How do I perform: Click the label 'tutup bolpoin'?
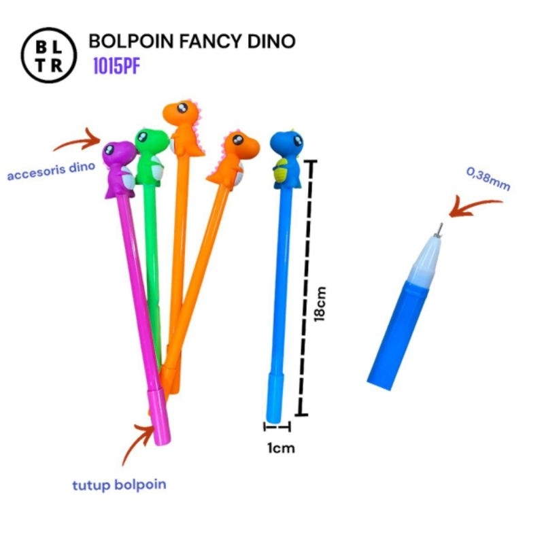[119, 485]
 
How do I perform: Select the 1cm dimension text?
[282, 447]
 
